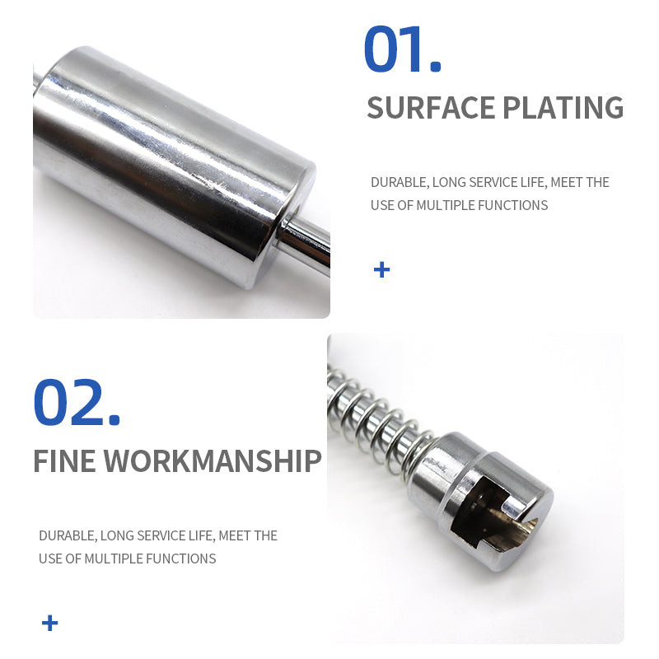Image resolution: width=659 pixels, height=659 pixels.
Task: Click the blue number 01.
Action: (x=402, y=51)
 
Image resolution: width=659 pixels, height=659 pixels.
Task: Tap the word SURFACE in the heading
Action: (x=428, y=108)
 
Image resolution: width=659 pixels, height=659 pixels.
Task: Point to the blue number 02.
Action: (x=76, y=403)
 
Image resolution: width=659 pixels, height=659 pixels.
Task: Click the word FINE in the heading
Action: (x=64, y=461)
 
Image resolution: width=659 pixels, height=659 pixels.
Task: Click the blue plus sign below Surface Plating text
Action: (x=381, y=269)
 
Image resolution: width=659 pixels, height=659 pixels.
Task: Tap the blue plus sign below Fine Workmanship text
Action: (x=50, y=623)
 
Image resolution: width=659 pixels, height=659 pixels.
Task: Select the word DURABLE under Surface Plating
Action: (x=398, y=182)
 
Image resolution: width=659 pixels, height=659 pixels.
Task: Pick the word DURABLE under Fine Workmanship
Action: (x=66, y=535)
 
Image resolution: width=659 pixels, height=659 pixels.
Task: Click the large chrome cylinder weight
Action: (x=173, y=165)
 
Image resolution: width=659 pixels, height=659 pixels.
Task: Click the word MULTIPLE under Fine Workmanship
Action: (x=114, y=559)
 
